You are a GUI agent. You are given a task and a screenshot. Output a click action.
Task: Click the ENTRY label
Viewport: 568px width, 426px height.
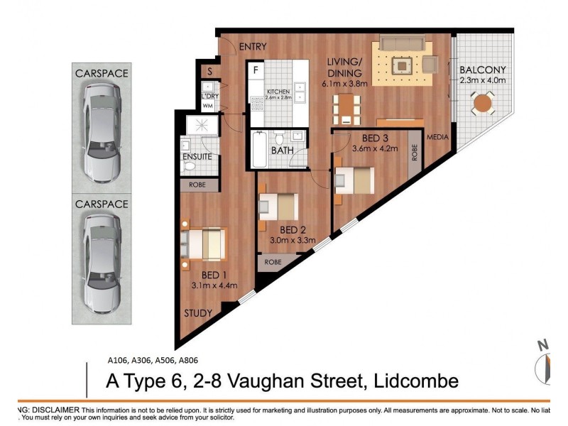pyautogui.click(x=252, y=47)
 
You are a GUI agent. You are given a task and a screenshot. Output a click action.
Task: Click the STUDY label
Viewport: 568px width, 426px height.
pyautogui.click(x=199, y=313)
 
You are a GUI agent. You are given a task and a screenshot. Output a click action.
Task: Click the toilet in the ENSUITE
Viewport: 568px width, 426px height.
pyautogui.click(x=190, y=166)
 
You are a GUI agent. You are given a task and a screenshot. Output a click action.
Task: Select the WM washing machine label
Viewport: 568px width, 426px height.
pyautogui.click(x=208, y=106)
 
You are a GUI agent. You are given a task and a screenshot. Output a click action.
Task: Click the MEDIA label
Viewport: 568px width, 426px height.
pyautogui.click(x=437, y=138)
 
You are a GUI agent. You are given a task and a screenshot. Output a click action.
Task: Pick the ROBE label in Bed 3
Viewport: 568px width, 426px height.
pyautogui.click(x=415, y=152)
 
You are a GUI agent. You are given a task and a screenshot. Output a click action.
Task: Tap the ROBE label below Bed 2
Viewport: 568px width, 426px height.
pyautogui.click(x=273, y=262)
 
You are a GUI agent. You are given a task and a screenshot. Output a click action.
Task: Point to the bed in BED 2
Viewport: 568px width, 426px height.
pyautogui.click(x=279, y=207)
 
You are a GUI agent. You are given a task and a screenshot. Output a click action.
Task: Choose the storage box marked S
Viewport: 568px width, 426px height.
pyautogui.click(x=210, y=71)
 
